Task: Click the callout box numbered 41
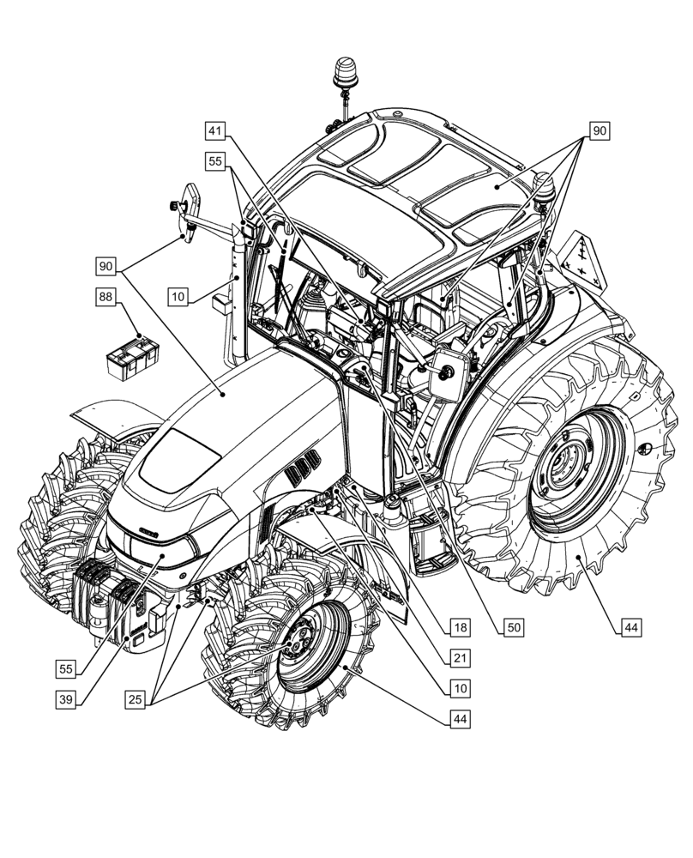(x=214, y=131)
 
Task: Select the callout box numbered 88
(x=105, y=297)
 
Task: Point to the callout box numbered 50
(x=513, y=628)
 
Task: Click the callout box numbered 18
(x=461, y=628)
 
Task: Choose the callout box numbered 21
(x=461, y=657)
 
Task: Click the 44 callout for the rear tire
(x=631, y=628)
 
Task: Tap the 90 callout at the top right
(x=599, y=131)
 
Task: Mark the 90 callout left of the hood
(x=105, y=267)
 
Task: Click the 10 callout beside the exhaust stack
(x=178, y=297)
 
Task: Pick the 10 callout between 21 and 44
(x=461, y=687)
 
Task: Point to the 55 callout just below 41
(x=214, y=160)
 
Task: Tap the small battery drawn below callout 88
(x=130, y=356)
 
